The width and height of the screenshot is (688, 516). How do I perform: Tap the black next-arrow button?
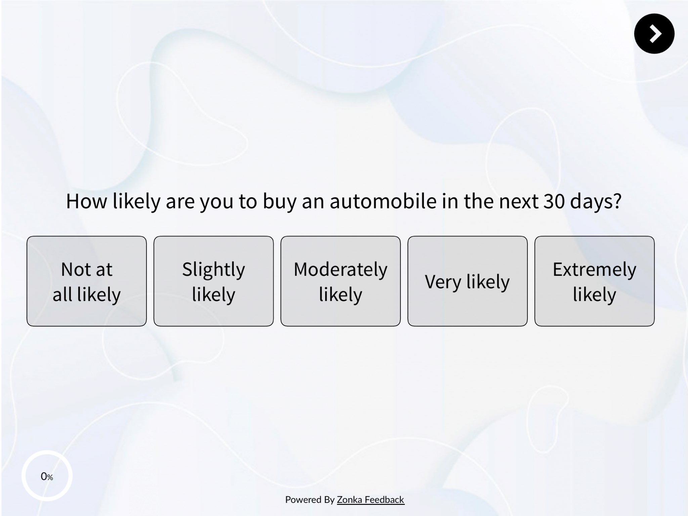point(654,34)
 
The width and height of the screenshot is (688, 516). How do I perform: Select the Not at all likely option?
point(87,281)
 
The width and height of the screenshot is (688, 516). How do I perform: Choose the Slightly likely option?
point(214,281)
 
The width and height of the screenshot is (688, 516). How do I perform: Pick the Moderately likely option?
point(341,281)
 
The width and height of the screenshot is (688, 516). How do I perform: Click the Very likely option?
point(467,281)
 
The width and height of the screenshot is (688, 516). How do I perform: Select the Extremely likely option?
point(594,281)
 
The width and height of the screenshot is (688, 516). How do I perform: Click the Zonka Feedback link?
point(371,500)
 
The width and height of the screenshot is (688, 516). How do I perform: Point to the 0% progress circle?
point(47,476)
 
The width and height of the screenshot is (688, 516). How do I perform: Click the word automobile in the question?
point(383,201)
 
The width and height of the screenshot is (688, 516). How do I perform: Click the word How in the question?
point(87,201)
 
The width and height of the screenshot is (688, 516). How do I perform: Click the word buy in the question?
point(279,202)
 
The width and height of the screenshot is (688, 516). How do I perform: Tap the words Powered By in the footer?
point(310,500)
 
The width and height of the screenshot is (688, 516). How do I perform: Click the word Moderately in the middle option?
point(341,269)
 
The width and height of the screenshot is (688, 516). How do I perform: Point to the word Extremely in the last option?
point(594,269)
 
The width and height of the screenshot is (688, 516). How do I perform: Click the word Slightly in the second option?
point(214,270)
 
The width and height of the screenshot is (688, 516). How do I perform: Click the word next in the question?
point(518,201)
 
